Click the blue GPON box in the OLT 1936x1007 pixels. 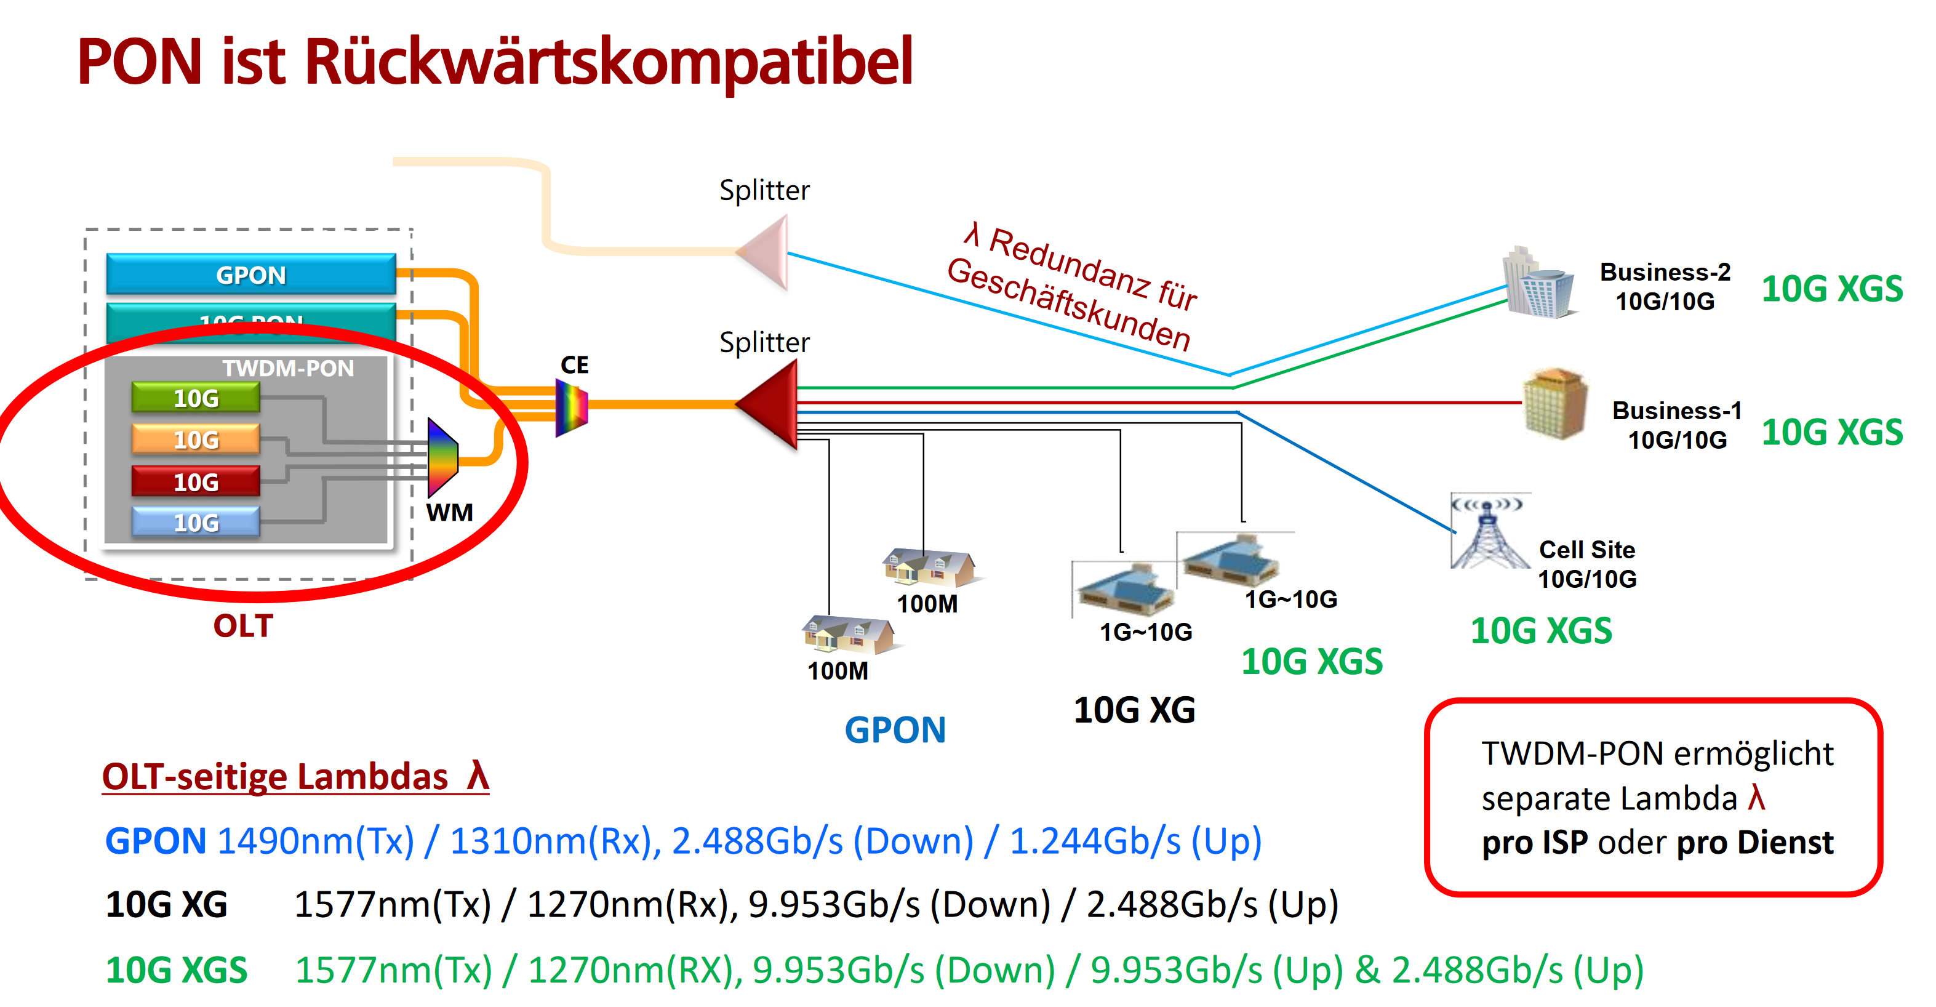pos(250,275)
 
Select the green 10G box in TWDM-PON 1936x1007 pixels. pos(196,398)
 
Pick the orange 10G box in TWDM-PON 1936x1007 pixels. pos(196,439)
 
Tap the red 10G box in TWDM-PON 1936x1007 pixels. pos(196,481)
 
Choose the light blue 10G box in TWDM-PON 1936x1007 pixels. pos(196,523)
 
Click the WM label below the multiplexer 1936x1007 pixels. pos(449,513)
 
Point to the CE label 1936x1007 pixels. pos(574,365)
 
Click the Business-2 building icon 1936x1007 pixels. pos(1538,284)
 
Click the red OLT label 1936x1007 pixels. pos(242,626)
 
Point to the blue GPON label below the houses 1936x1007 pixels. pos(895,729)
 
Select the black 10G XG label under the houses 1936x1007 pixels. pos(1134,710)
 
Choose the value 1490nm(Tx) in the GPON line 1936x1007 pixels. pos(316,841)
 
